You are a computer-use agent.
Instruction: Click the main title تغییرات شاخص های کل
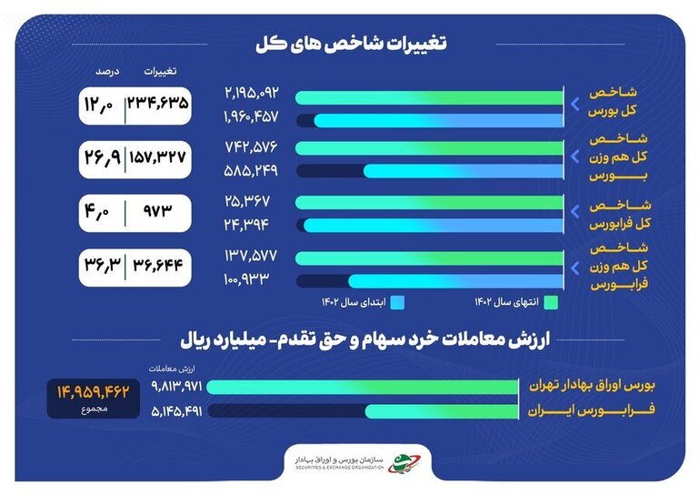351,44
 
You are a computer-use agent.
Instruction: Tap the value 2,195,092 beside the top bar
252,93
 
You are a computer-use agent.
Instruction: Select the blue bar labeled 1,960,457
439,120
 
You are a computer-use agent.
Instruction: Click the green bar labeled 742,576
429,148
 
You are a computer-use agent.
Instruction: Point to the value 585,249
251,170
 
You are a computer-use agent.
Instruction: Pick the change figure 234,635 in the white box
158,104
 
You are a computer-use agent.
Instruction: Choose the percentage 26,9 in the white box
103,157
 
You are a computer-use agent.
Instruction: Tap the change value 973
157,211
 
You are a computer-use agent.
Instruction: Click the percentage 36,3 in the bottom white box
103,265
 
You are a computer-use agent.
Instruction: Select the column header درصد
107,71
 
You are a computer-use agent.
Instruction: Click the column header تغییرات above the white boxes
160,71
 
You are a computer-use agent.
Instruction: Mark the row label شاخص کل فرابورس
620,214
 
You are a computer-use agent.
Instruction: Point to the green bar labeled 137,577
429,258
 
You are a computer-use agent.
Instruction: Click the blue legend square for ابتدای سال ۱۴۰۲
397,303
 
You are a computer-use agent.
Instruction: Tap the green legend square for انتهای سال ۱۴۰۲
551,303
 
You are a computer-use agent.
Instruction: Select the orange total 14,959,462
94,392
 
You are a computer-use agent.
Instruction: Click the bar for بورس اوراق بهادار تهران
363,387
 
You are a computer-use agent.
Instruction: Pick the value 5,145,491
176,411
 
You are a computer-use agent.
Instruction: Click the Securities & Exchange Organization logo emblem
403,463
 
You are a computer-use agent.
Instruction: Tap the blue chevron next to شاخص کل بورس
575,105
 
